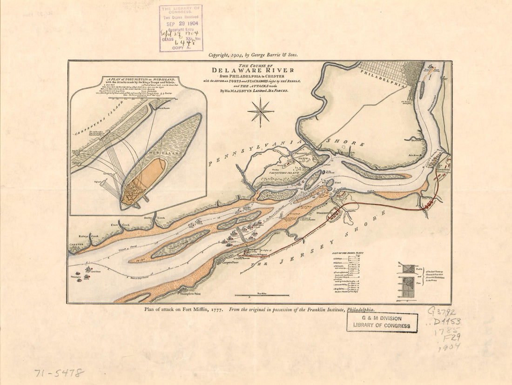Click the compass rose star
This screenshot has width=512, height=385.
pos(261,112)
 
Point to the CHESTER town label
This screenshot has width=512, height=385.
pos(76,245)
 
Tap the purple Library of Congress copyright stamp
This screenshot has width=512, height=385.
pos(181,28)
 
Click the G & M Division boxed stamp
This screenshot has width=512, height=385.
pos(382,322)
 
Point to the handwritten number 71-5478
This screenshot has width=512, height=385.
pos(59,372)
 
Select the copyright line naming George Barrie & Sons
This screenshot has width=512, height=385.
pos(253,54)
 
